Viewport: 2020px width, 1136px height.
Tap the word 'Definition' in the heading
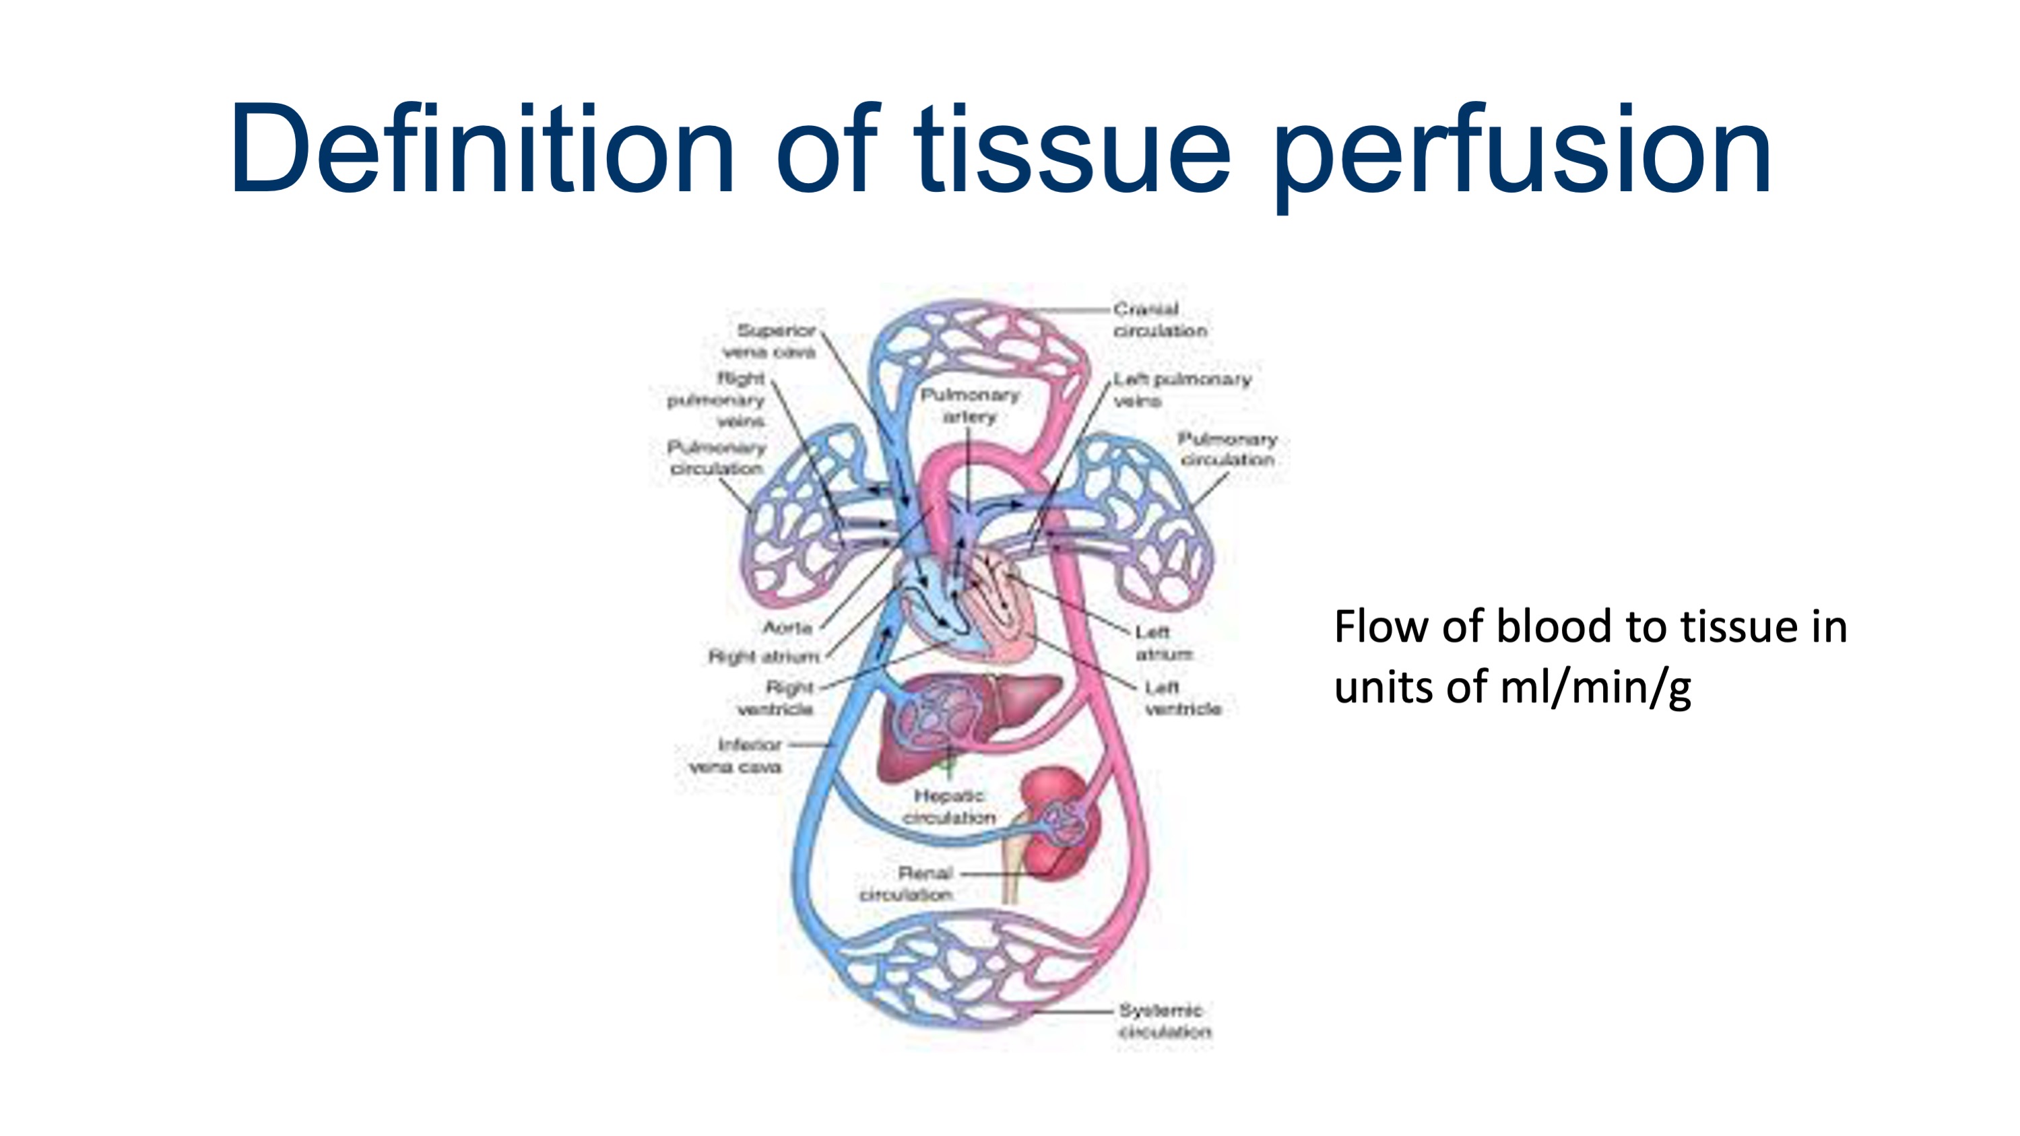click(x=482, y=149)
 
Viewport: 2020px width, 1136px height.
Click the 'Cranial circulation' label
click(x=1159, y=320)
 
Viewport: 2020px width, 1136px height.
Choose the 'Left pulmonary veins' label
click(x=1181, y=390)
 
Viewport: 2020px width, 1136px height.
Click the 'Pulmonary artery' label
click(x=969, y=405)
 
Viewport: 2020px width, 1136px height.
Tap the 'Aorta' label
click(x=787, y=627)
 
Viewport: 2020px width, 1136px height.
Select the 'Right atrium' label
click(x=764, y=656)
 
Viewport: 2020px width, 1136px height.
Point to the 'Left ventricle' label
click(x=1181, y=698)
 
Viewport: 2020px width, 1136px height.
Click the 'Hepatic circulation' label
click(x=949, y=806)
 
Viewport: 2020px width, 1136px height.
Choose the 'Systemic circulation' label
click(x=1164, y=1021)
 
